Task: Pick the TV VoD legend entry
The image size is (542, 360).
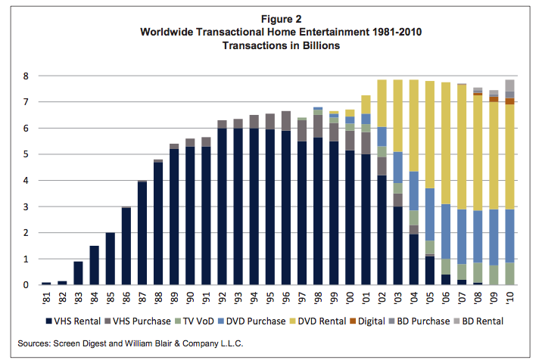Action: pyautogui.click(x=199, y=321)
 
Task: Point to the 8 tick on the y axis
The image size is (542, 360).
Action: pyautogui.click(x=27, y=76)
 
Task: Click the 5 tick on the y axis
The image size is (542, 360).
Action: pyautogui.click(x=27, y=155)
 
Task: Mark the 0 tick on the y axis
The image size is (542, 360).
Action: pyautogui.click(x=27, y=285)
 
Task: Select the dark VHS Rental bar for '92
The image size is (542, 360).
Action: pyautogui.click(x=222, y=206)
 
